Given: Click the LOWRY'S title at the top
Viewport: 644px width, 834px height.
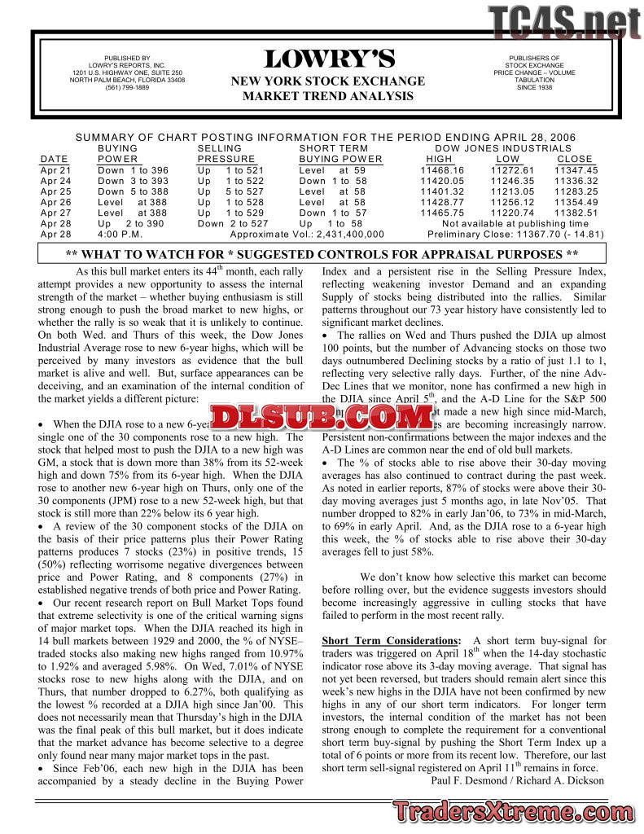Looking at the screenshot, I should (328, 59).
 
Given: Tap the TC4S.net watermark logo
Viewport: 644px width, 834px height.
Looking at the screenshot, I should (563, 22).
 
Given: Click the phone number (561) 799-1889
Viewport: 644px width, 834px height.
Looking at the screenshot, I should (127, 88).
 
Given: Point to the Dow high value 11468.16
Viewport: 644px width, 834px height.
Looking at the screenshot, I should (442, 169).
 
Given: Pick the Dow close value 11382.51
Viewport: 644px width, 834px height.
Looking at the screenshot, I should (576, 212).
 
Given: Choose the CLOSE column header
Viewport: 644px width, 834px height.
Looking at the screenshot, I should (575, 159).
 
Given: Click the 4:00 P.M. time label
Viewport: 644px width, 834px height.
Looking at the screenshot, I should (120, 234).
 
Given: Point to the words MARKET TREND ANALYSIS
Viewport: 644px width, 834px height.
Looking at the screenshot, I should (328, 96).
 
